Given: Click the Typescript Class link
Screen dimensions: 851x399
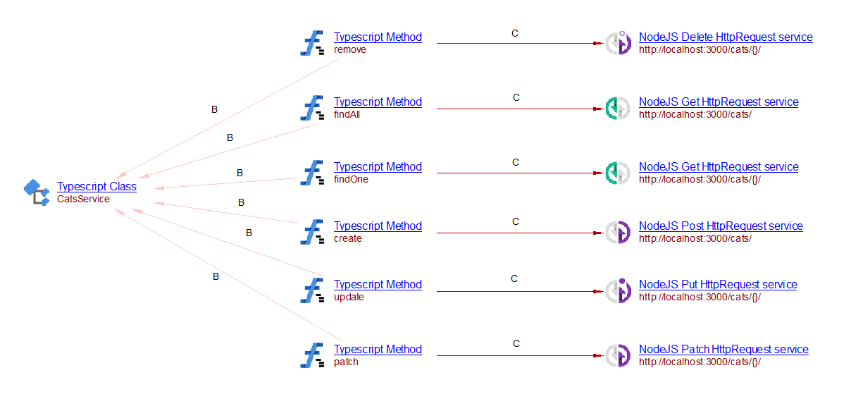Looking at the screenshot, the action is [x=97, y=186].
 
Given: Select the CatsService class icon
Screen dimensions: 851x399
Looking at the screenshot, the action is [x=37, y=192].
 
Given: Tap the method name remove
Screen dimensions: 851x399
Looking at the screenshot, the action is [x=350, y=49].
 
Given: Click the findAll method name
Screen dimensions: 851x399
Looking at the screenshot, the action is [x=347, y=114].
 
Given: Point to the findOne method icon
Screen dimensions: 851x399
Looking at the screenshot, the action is [x=312, y=173].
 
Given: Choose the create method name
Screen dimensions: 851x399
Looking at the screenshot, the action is [x=347, y=238].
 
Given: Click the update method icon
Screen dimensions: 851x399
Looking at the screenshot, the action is [x=312, y=290].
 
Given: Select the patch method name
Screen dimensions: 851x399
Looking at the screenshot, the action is [x=346, y=362].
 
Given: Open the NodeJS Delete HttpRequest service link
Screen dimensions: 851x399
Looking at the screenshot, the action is [x=726, y=37].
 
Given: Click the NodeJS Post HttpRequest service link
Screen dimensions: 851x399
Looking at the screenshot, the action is [x=721, y=226].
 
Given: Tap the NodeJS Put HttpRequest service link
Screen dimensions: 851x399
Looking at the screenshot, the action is [x=718, y=284].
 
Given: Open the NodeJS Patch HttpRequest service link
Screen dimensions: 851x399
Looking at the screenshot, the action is [x=723, y=349].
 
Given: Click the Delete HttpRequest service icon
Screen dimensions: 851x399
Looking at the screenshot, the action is [x=618, y=42].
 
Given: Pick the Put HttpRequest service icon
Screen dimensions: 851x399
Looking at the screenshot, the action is [x=618, y=290].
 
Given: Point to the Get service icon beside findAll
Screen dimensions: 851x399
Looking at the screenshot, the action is [x=617, y=109].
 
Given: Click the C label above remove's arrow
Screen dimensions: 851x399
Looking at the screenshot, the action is [x=515, y=33].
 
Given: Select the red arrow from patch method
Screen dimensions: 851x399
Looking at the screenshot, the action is [x=520, y=356].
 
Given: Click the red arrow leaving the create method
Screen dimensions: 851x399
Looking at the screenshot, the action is [x=520, y=233].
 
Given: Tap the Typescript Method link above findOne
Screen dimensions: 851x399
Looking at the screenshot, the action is [x=378, y=166].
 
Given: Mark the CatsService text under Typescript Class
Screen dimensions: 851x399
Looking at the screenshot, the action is [x=83, y=199].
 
